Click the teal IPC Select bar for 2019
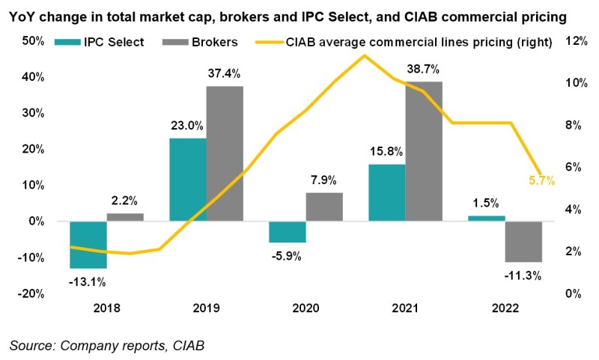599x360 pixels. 188,180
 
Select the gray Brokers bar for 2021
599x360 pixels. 424,151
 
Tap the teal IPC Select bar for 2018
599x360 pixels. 88,245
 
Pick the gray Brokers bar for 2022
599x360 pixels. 523,242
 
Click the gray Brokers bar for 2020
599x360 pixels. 324,207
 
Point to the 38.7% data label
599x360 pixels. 423,68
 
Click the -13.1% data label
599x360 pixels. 88,281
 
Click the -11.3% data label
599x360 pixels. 523,275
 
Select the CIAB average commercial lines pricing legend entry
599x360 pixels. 404,43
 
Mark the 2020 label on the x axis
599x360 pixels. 306,308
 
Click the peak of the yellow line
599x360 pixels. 364,55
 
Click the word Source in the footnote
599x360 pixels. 31,346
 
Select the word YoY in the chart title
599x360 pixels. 23,14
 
